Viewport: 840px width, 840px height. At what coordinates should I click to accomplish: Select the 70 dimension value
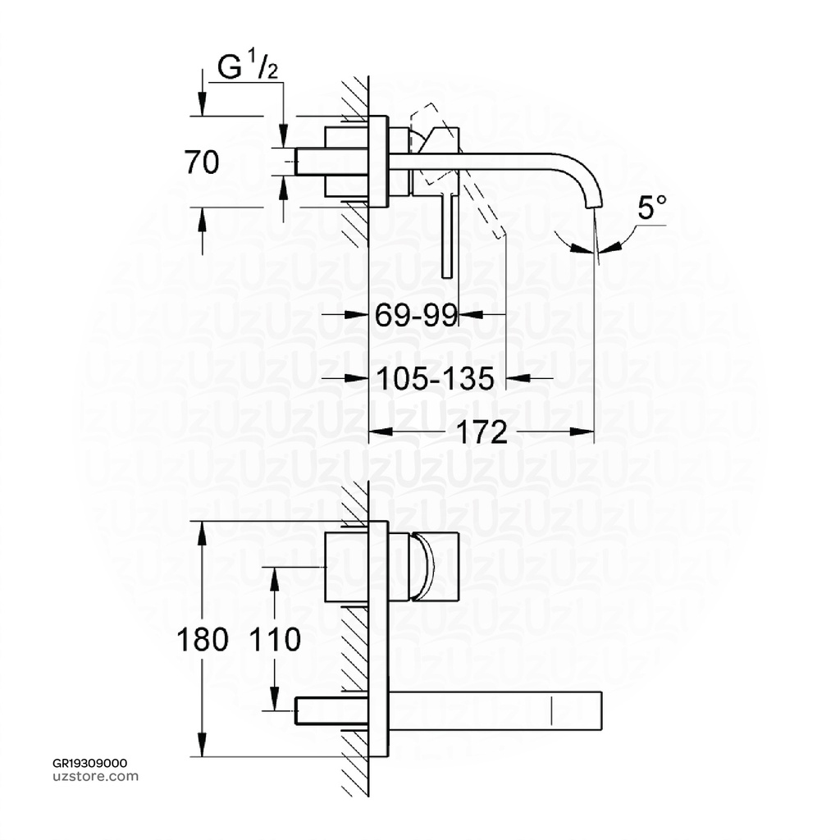[x=202, y=163]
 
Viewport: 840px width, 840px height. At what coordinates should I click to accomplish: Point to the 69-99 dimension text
[x=416, y=313]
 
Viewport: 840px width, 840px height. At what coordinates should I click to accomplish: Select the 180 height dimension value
[x=202, y=639]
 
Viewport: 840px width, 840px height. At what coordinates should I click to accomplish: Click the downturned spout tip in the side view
[x=595, y=199]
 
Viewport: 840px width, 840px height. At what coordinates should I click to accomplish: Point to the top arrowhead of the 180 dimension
[x=203, y=529]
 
